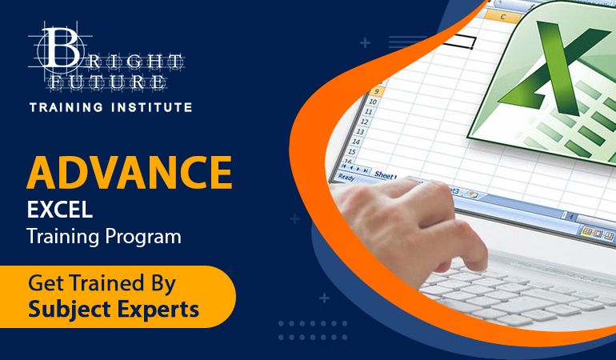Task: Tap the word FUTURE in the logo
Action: [107, 82]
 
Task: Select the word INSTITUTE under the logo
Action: [152, 107]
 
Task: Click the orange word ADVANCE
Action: [130, 173]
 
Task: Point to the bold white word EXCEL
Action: [60, 210]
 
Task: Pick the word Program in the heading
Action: [143, 238]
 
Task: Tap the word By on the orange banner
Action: [163, 284]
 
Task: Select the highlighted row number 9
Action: [376, 92]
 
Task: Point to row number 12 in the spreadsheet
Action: [364, 122]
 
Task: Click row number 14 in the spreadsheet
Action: [356, 142]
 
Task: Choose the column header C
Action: [503, 17]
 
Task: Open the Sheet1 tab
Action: [386, 176]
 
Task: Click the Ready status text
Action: [346, 178]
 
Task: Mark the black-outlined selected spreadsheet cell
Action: [458, 42]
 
